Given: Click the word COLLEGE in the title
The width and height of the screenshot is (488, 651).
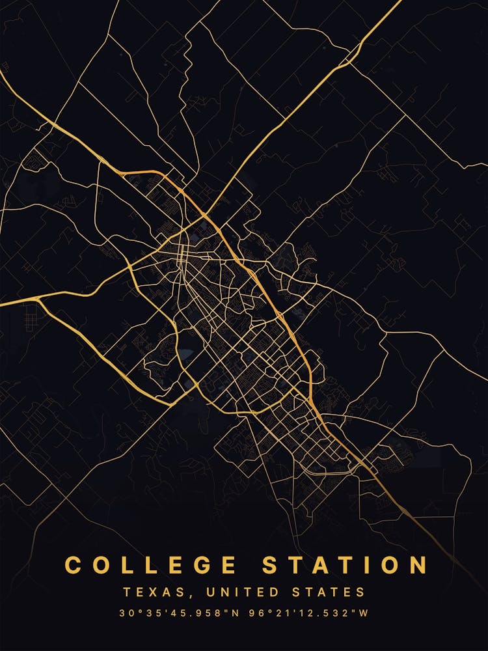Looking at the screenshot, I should pyautogui.click(x=150, y=565).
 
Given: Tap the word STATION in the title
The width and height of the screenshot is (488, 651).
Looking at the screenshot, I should pyautogui.click(x=344, y=565).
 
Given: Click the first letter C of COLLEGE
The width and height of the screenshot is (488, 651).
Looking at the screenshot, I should pyautogui.click(x=73, y=565).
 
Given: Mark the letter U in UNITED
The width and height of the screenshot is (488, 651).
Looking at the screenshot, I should pyautogui.click(x=209, y=592).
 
